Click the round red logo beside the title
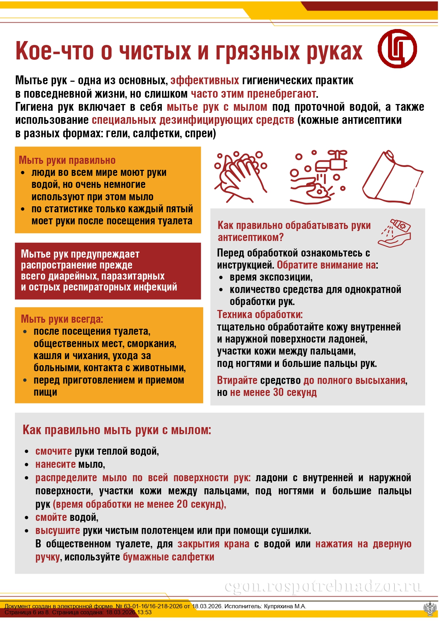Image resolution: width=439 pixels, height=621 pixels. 397,48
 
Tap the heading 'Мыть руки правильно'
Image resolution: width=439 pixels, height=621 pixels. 67,160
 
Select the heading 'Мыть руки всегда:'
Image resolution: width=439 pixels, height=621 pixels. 62,319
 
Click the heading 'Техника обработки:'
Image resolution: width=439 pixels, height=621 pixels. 260,315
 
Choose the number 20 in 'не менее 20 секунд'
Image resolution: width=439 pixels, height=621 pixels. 182,504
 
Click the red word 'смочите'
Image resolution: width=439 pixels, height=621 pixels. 53,452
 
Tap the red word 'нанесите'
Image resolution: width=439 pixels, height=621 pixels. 55,465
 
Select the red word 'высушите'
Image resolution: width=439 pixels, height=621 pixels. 57,531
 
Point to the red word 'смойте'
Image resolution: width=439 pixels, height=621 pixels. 51,518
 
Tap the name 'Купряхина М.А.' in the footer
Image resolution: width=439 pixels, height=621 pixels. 285,606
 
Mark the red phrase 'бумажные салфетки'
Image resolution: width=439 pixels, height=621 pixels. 169,557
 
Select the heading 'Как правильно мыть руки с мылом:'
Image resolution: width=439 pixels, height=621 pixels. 117,430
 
